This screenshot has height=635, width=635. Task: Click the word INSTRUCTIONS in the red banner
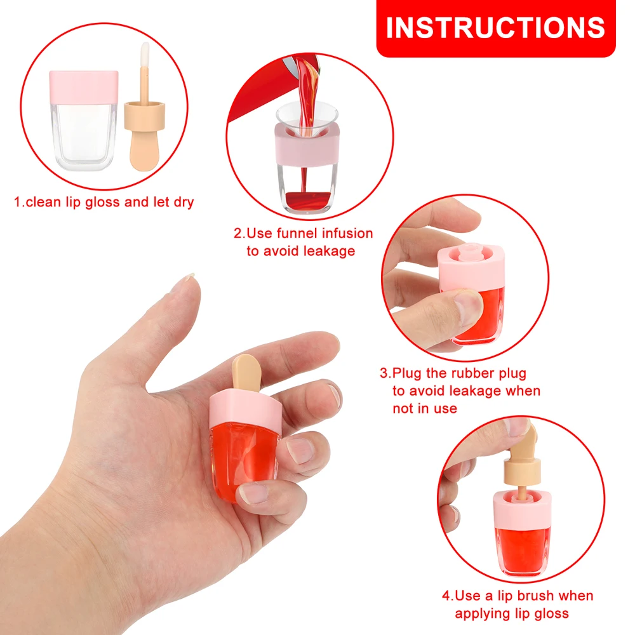click(x=495, y=27)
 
